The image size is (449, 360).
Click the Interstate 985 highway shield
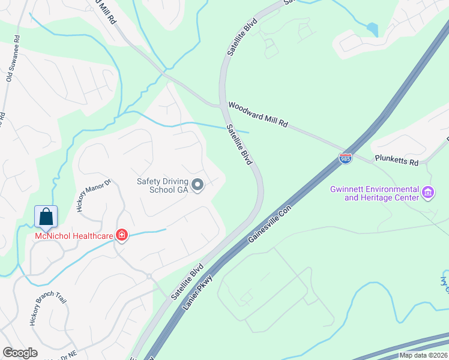click(x=345, y=158)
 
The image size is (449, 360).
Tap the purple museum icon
click(x=428, y=193)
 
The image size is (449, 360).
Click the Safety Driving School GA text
click(x=162, y=185)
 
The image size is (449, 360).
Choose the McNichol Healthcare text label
click(x=74, y=235)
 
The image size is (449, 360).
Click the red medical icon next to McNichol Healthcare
click(x=122, y=235)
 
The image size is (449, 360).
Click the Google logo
click(x=20, y=353)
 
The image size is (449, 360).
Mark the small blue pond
click(x=373, y=29)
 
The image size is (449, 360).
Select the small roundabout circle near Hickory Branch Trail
click(x=148, y=276)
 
